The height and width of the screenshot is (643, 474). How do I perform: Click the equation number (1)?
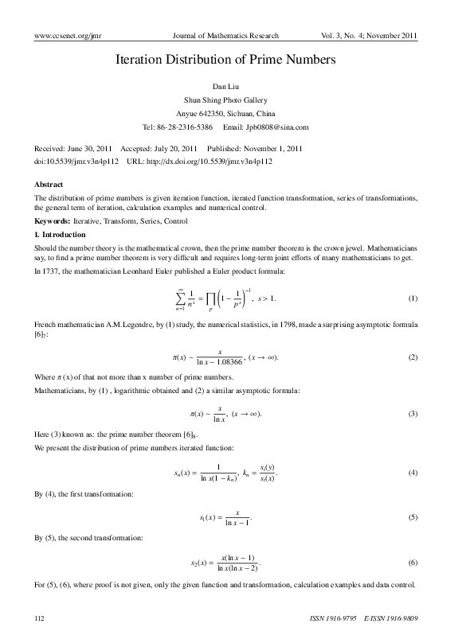413,298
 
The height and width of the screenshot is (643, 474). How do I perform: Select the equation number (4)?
413,473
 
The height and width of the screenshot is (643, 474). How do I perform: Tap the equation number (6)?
413,563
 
